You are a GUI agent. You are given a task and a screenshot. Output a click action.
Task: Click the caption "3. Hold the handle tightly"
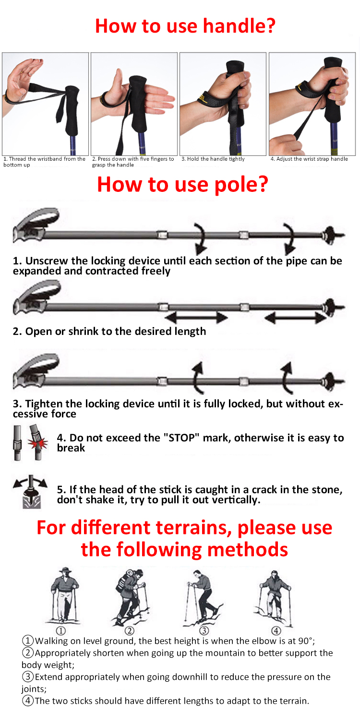[x=213, y=159]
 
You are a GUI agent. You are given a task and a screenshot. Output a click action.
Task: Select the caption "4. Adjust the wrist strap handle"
[x=309, y=159]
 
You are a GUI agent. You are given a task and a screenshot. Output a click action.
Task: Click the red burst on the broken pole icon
[x=37, y=443]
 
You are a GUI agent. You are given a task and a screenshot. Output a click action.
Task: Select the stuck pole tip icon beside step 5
[x=31, y=492]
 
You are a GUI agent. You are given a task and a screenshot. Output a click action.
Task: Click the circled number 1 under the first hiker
[x=61, y=631]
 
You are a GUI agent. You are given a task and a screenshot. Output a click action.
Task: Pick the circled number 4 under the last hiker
[x=276, y=631]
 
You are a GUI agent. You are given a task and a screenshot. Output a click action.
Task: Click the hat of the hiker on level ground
[x=65, y=569]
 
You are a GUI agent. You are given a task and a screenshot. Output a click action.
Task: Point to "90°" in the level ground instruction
[x=305, y=641]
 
